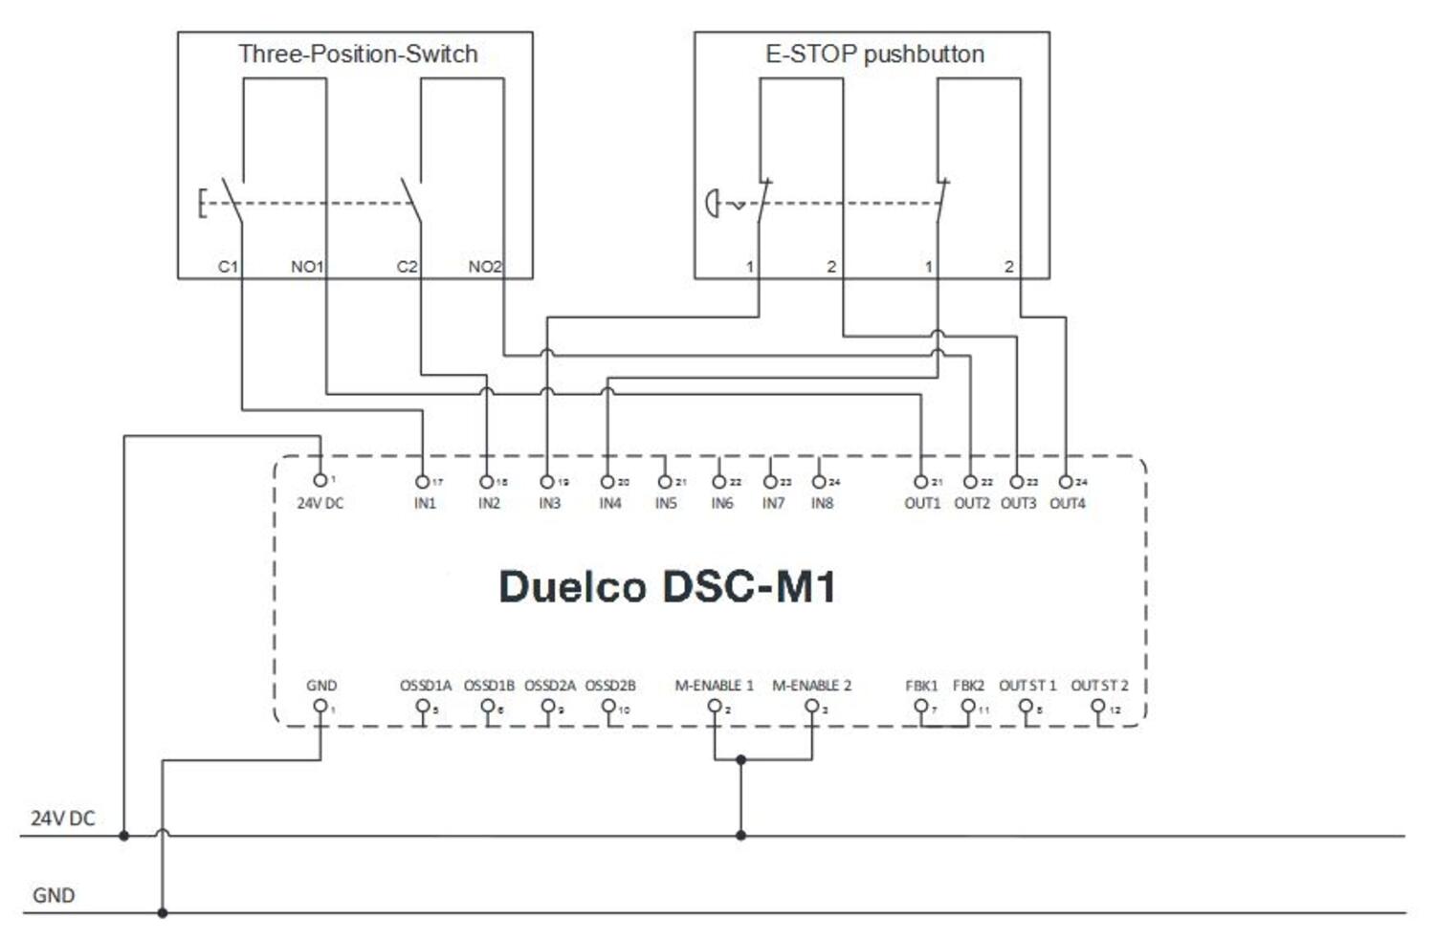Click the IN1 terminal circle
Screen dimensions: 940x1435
(x=422, y=483)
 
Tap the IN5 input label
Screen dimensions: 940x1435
(x=666, y=503)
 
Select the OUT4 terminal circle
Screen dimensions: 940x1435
(x=1066, y=483)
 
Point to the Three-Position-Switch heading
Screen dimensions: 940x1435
(x=358, y=55)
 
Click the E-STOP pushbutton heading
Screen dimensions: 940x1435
(x=874, y=55)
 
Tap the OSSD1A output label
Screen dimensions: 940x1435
(x=426, y=686)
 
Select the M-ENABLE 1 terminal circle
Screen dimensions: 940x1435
(x=715, y=707)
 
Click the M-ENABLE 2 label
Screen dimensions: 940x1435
(x=811, y=686)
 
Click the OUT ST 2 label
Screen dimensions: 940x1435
(x=1099, y=686)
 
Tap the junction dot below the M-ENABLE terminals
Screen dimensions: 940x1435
(x=741, y=760)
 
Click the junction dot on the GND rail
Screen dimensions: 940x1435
(x=163, y=913)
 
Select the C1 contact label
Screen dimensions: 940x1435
(x=228, y=267)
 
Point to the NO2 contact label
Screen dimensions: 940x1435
(x=484, y=267)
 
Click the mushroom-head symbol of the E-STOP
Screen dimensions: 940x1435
(x=712, y=204)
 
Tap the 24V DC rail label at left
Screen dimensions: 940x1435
(x=63, y=819)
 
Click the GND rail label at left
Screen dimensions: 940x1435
(x=54, y=896)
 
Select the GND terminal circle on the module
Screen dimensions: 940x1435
(x=320, y=707)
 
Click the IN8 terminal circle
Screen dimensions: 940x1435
(x=819, y=483)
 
